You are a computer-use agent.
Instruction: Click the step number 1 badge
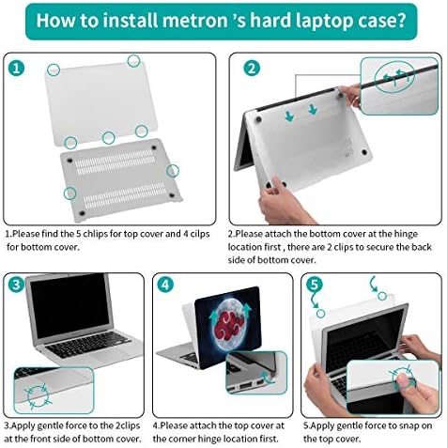coord(16,69)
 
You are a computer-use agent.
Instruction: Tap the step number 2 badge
coord(252,69)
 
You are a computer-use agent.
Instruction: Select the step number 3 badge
coord(16,285)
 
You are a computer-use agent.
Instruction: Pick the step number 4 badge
coord(165,285)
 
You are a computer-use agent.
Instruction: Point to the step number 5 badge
coord(315,285)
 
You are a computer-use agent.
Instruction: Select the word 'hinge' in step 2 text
coord(406,235)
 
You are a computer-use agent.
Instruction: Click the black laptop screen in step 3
coord(70,305)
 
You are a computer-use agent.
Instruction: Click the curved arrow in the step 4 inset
coord(268,378)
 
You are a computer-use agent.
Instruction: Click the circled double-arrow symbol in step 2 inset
coord(394,76)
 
